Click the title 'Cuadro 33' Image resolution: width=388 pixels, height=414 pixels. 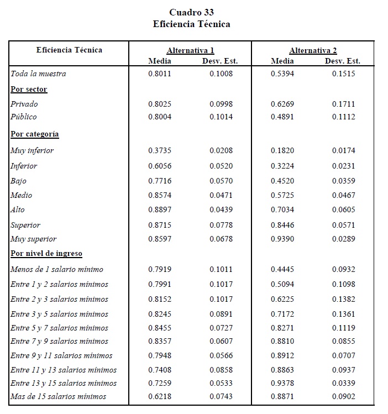pyautogui.click(x=191, y=12)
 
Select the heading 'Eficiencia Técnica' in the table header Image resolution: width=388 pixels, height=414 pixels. pyautogui.click(x=69, y=50)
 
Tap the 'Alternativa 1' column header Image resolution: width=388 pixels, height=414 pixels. pyautogui.click(x=190, y=50)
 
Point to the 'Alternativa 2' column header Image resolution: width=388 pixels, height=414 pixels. pyautogui.click(x=313, y=50)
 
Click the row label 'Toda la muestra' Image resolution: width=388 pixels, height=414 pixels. pyautogui.click(x=39, y=74)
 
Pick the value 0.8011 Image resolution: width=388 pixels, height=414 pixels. pyautogui.click(x=160, y=74)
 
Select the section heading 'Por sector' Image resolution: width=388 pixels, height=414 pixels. pyautogui.click(x=29, y=89)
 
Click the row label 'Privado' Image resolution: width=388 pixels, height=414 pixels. pyautogui.click(x=24, y=104)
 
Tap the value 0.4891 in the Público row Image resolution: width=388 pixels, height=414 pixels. pyautogui.click(x=282, y=117)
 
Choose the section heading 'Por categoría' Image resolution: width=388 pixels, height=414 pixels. pyautogui.click(x=35, y=134)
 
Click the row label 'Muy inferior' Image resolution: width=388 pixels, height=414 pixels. pyautogui.click(x=32, y=150)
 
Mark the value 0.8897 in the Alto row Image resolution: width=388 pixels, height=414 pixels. pyautogui.click(x=160, y=209)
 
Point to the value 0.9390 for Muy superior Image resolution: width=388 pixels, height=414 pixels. pyautogui.click(x=282, y=239)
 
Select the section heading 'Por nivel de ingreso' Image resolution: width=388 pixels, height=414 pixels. pyautogui.click(x=46, y=254)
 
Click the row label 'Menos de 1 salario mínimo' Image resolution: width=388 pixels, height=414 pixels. pyautogui.click(x=57, y=269)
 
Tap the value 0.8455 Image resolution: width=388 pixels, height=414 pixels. pyautogui.click(x=160, y=328)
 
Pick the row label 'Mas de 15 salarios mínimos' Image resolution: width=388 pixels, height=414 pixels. pyautogui.click(x=59, y=396)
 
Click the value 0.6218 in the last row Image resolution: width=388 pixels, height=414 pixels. pyautogui.click(x=160, y=396)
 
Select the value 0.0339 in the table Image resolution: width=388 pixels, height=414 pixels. pyautogui.click(x=343, y=383)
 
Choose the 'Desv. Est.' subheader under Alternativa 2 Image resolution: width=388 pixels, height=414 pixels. pyautogui.click(x=343, y=61)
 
